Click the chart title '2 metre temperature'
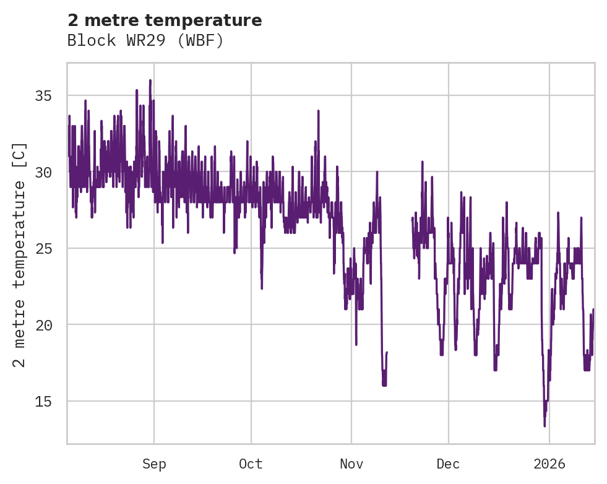pos(165,20)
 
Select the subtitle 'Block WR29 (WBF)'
pos(145,41)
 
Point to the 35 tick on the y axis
pos(43,96)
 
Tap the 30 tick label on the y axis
pos(43,172)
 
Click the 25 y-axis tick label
pos(43,249)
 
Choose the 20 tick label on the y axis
pos(43,325)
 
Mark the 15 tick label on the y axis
pos(43,402)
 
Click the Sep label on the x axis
pos(154,464)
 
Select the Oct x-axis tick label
pos(251,464)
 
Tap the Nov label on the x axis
pos(351,464)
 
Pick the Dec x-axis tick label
pos(448,464)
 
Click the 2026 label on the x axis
pos(549,464)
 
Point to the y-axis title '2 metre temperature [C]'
pos(20,254)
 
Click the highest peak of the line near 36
pos(150,80)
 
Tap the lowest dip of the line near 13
pos(545,425)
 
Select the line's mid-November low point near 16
pos(384,385)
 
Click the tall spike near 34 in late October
pos(318,111)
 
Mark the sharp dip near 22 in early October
pos(262,288)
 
